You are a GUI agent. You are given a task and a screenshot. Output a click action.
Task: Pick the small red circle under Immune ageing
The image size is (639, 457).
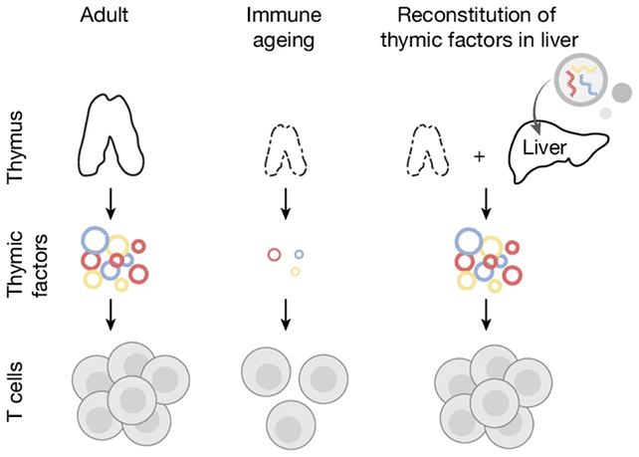275,255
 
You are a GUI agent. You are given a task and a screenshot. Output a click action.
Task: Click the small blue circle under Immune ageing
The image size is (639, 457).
299,254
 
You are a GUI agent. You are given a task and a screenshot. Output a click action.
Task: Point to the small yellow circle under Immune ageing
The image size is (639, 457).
295,271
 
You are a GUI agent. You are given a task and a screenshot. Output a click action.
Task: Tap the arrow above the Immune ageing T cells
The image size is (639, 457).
287,314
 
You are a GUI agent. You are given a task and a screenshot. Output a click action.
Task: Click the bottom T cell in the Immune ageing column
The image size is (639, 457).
287,423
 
